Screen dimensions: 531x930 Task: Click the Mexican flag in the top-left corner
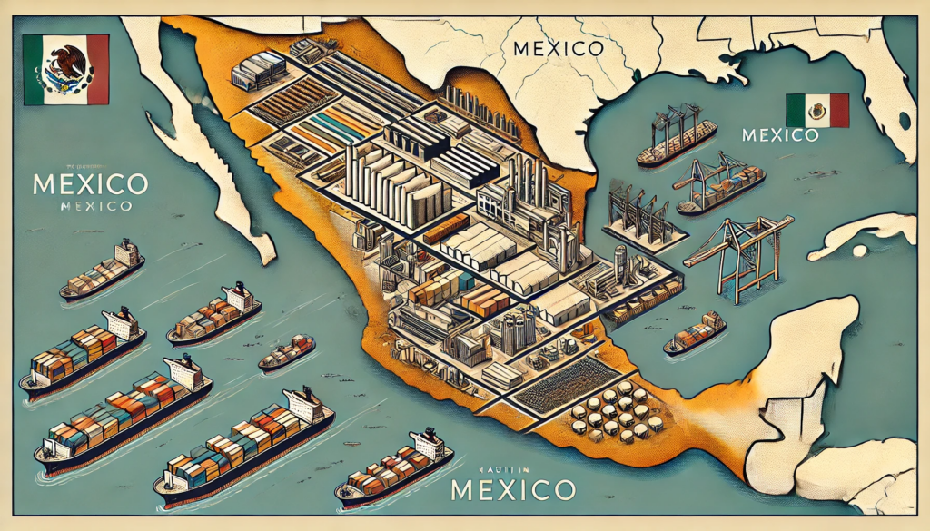[x=65, y=69]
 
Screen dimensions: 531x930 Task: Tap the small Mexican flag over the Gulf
[x=816, y=110]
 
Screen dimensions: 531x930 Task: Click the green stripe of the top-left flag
[x=35, y=69]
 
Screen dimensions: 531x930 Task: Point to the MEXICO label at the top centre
[x=557, y=47]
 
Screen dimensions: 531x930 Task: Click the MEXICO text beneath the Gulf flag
[x=781, y=136]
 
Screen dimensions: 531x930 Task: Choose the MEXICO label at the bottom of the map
[x=513, y=491]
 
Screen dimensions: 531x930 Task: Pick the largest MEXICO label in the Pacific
[x=88, y=183]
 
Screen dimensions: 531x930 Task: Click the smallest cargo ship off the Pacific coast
[x=287, y=351]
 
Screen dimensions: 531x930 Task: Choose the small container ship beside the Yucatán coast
[x=695, y=333]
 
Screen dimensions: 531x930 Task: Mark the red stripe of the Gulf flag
[x=838, y=110]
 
